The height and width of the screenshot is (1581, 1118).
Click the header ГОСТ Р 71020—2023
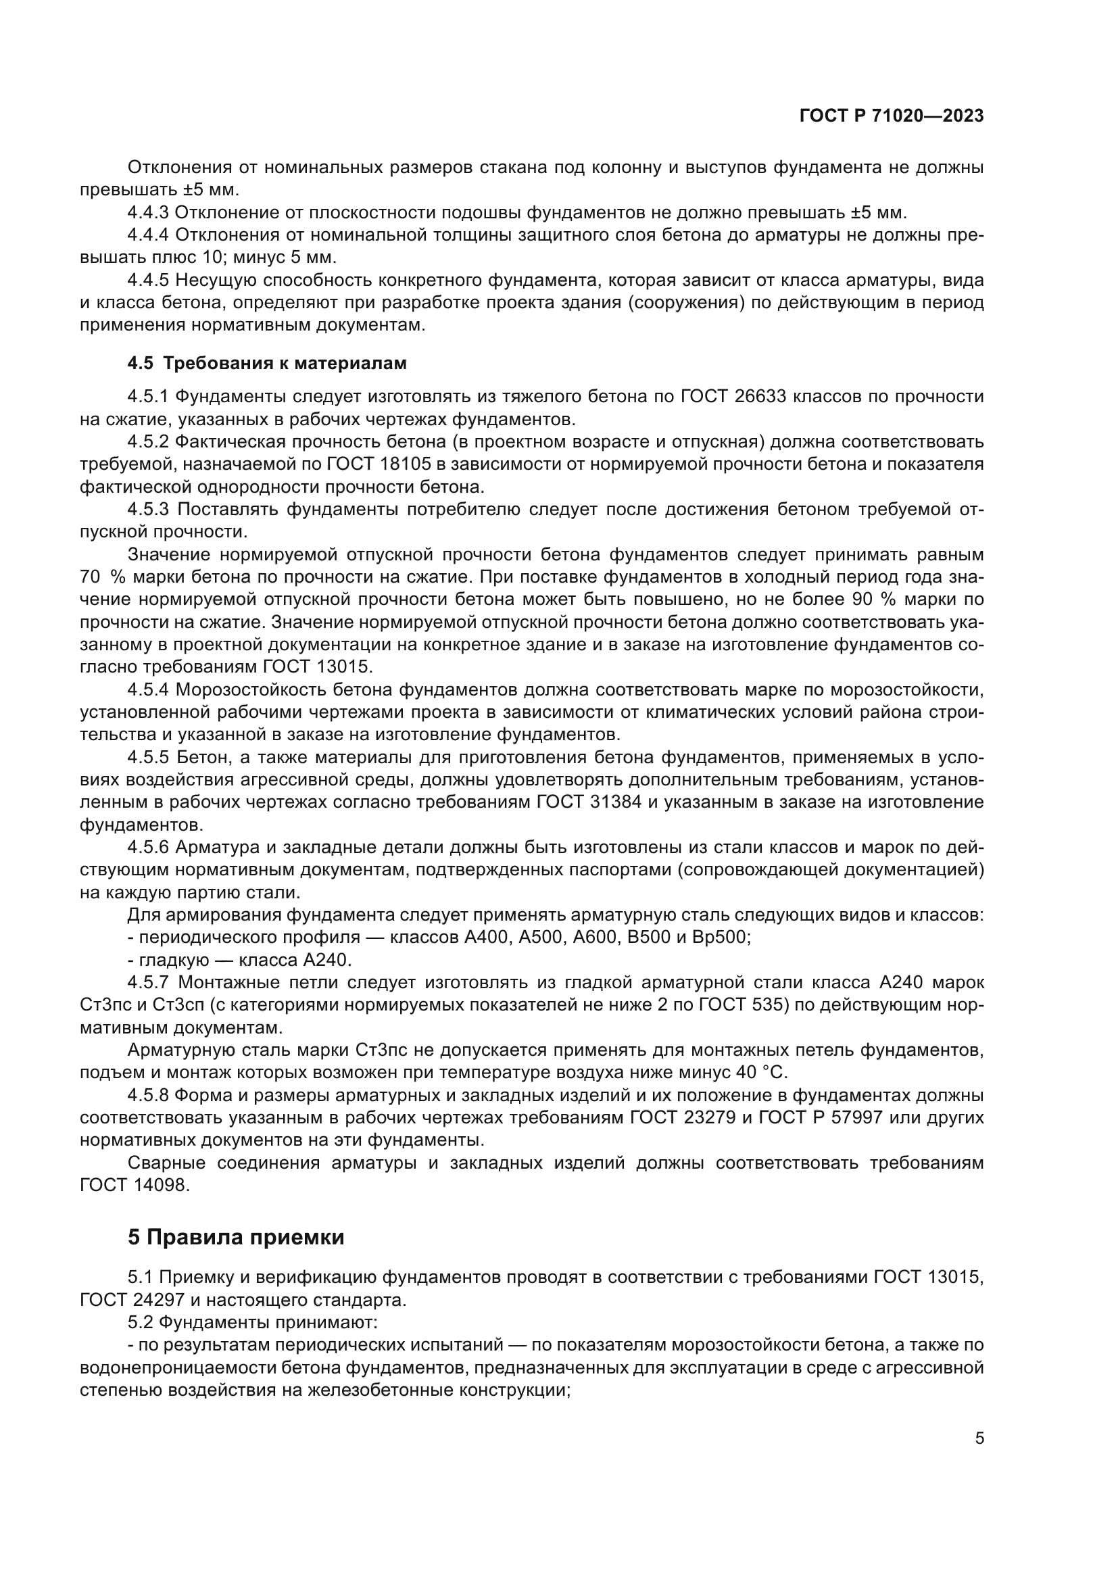click(891, 116)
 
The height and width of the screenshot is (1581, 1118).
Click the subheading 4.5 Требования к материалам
click(267, 363)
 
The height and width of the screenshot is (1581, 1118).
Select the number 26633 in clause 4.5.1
click(759, 397)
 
